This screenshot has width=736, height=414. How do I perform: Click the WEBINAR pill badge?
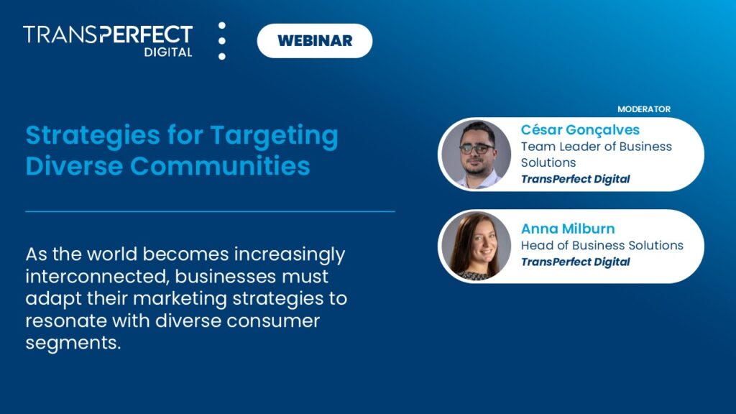click(315, 40)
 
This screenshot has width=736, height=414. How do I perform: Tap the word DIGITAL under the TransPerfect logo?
click(168, 52)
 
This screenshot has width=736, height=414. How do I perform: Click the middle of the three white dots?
click(222, 40)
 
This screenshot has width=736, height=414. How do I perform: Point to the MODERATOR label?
click(643, 109)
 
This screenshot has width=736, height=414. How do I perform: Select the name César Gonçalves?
click(580, 130)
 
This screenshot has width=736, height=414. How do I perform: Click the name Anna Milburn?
click(568, 229)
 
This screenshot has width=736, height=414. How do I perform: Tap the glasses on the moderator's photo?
click(477, 148)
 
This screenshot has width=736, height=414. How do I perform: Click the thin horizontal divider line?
click(210, 211)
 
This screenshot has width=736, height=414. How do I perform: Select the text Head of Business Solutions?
click(602, 245)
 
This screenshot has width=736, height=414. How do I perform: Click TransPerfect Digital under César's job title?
click(575, 179)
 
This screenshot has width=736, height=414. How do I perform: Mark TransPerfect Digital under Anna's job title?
click(575, 262)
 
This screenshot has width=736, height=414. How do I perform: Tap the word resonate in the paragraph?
click(65, 321)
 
